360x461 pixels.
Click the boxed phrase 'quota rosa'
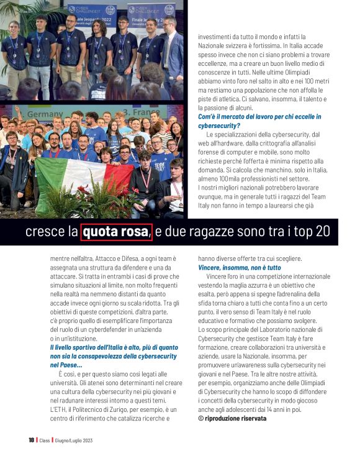pyautogui.click(x=116, y=232)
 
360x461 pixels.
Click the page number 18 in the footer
pyautogui.click(x=31, y=440)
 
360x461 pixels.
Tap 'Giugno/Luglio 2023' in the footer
pyautogui.click(x=79, y=440)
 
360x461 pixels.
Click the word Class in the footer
pyautogui.click(x=45, y=440)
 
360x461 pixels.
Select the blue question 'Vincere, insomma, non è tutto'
pyautogui.click(x=239, y=267)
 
